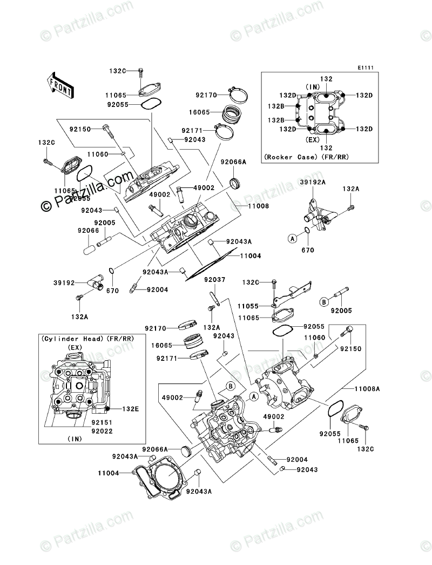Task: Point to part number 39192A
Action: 313,183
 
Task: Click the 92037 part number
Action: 214,279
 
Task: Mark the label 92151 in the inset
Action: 102,424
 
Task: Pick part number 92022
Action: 102,431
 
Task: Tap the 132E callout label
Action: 130,409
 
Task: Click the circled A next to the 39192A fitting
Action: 292,238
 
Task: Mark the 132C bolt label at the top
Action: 117,71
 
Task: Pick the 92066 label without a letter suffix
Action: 87,231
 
